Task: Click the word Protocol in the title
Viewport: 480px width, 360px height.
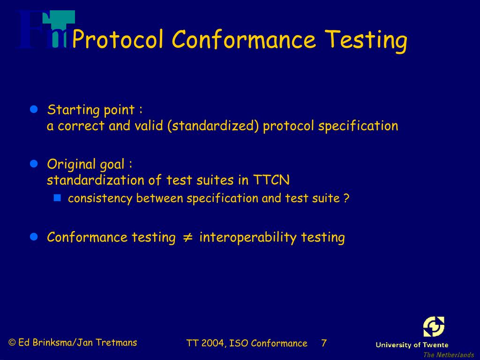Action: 118,39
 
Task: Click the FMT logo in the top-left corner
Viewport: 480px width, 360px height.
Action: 45,30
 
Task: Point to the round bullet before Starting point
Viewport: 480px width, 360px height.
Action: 33,110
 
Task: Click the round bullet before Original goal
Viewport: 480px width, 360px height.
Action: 33,164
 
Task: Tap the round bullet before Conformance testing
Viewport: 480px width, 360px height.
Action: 33,237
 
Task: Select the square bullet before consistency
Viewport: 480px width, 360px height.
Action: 58,198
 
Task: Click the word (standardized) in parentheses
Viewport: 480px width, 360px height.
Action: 213,126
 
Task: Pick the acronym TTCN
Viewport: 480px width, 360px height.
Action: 271,180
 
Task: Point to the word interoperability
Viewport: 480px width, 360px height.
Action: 248,237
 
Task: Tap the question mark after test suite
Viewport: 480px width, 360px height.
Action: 346,198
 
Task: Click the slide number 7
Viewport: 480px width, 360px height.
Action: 323,343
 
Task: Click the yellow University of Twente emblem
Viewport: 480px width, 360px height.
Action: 434,327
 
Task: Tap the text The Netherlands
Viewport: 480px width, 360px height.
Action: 448,355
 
